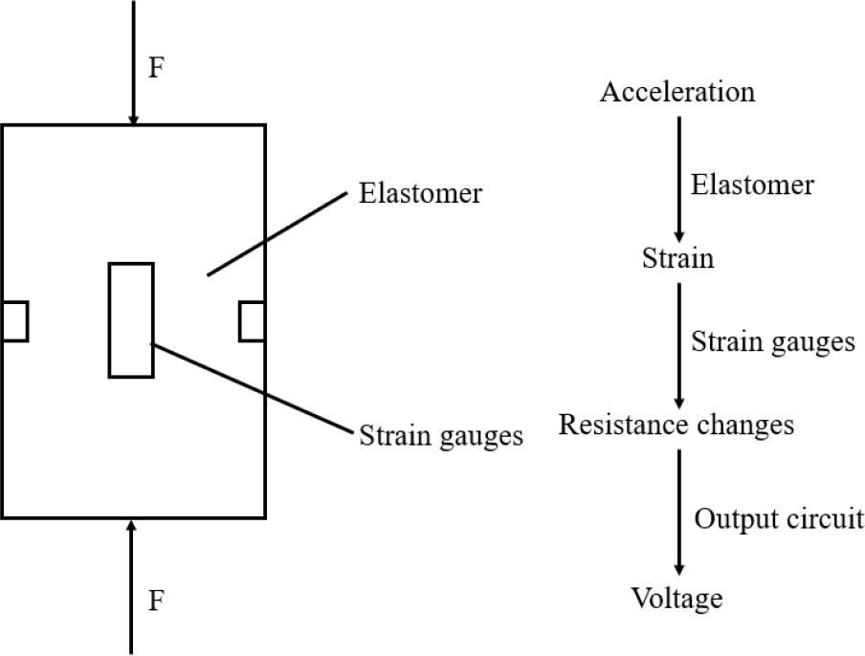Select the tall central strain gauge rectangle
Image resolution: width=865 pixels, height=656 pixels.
(131, 319)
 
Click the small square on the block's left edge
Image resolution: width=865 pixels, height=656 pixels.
(14, 320)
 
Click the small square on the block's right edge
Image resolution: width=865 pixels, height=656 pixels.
(252, 320)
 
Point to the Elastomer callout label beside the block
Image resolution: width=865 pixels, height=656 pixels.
(420, 193)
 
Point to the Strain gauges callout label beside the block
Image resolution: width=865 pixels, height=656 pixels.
(441, 436)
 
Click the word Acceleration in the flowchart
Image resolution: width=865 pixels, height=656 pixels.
(677, 92)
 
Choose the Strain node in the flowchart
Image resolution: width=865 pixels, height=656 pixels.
(677, 258)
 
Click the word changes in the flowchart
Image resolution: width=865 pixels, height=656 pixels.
(745, 424)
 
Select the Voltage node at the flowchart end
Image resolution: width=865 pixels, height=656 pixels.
(676, 599)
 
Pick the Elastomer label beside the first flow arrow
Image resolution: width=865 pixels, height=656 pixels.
(752, 184)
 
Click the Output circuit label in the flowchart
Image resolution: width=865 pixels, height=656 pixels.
(778, 519)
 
